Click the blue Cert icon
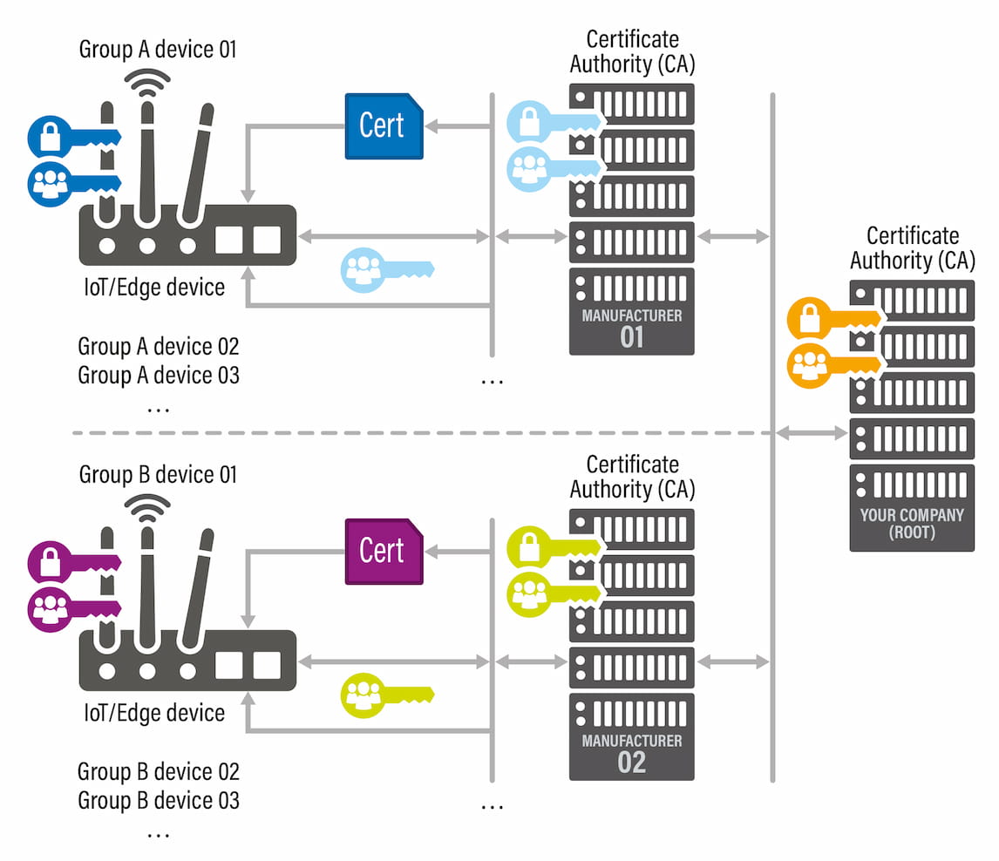[x=384, y=126]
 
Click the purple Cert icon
[x=384, y=551]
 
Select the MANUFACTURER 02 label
[x=632, y=752]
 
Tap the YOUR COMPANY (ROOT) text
[x=912, y=523]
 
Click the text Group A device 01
[x=158, y=49]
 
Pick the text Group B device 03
[x=159, y=800]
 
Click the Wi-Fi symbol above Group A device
[x=147, y=81]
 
